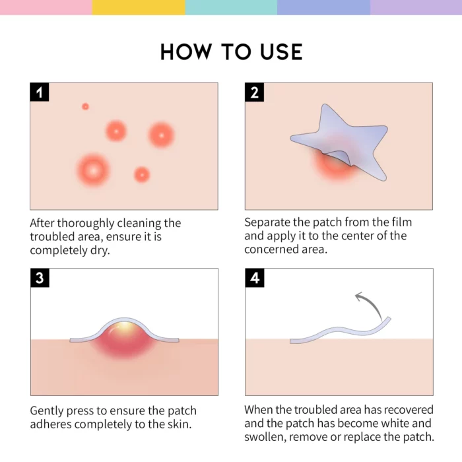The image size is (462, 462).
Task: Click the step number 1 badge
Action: (x=40, y=92)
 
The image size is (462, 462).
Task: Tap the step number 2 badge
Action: (x=255, y=92)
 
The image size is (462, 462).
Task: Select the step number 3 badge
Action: (x=40, y=278)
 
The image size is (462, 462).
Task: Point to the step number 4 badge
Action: (x=255, y=278)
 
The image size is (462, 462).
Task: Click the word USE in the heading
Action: (x=275, y=52)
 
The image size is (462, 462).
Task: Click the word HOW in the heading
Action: (x=187, y=52)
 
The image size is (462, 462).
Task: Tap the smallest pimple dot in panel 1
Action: (x=85, y=106)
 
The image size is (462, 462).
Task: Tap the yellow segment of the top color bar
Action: (x=139, y=7)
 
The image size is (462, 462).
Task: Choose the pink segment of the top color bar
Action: (x=46, y=7)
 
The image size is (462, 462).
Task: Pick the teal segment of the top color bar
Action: (x=231, y=7)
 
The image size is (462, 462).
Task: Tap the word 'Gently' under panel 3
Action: (x=48, y=411)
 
